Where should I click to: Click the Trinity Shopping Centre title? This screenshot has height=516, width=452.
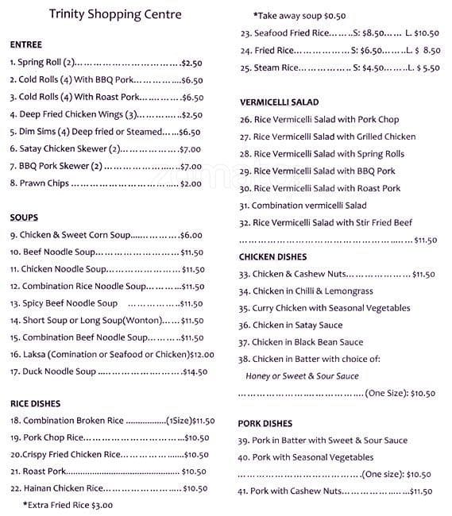click(115, 14)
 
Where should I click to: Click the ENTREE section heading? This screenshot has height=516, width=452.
click(26, 44)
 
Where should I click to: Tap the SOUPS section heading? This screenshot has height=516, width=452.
click(24, 218)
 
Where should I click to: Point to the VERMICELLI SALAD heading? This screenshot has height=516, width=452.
click(279, 102)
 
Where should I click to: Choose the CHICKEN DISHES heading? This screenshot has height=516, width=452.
click(273, 257)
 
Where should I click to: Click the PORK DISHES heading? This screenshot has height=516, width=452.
click(265, 423)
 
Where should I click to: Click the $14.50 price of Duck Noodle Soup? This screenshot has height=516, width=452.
click(195, 372)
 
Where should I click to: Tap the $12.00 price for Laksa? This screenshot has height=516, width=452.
click(202, 355)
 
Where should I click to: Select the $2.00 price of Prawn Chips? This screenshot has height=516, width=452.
click(191, 183)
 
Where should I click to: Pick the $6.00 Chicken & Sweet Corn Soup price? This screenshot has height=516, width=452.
click(191, 235)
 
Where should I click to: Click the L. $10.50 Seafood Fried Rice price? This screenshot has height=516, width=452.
click(422, 33)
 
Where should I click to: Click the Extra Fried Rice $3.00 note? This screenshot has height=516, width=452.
click(68, 505)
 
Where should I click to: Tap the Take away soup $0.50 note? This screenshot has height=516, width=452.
click(299, 16)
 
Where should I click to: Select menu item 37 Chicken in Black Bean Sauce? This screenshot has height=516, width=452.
click(301, 342)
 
